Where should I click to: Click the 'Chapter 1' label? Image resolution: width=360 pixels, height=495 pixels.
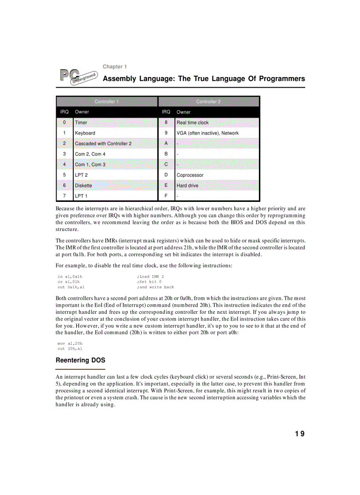click(x=115, y=67)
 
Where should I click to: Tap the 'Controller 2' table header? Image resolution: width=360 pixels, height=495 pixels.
click(x=208, y=101)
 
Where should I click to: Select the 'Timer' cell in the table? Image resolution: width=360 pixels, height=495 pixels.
click(x=81, y=123)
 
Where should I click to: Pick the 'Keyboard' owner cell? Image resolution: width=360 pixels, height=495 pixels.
click(x=85, y=133)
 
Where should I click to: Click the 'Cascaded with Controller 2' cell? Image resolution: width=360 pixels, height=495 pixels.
click(x=103, y=144)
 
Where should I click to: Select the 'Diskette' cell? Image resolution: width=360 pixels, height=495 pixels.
click(x=83, y=186)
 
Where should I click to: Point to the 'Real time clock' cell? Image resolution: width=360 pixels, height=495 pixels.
click(x=192, y=123)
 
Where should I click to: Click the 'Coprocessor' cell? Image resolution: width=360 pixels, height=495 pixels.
click(x=190, y=175)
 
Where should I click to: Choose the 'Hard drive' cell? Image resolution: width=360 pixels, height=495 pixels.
click(x=187, y=186)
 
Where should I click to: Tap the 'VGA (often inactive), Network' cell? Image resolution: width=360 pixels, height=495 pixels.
click(x=207, y=133)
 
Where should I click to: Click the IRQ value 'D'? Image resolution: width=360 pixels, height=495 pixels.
click(x=166, y=175)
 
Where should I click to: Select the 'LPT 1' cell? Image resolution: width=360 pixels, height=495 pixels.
click(x=81, y=196)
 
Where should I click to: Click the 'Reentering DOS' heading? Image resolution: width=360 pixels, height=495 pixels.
click(x=80, y=360)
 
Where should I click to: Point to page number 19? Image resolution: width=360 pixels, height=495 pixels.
click(x=300, y=434)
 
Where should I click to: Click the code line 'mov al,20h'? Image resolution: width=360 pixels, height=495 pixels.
click(x=70, y=343)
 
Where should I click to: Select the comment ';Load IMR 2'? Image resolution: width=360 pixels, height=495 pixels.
click(x=150, y=277)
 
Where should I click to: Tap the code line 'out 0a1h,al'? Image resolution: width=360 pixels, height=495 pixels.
click(x=71, y=287)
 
